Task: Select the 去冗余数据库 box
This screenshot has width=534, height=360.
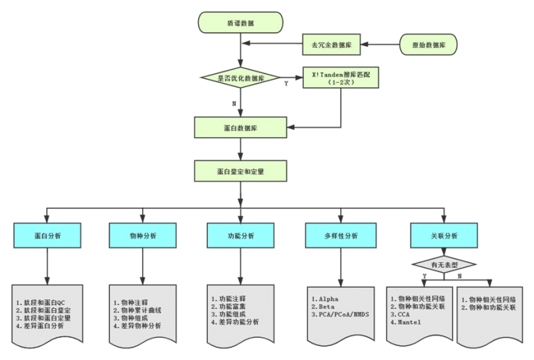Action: [332, 45]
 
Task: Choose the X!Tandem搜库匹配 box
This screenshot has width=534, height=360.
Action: [341, 78]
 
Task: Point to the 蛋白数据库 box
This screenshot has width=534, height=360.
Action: [240, 127]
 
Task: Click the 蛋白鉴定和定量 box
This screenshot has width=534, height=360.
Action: [240, 171]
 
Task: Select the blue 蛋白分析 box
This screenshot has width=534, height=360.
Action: [47, 236]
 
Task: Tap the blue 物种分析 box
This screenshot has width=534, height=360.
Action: [142, 236]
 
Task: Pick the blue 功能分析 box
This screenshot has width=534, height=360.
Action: [240, 236]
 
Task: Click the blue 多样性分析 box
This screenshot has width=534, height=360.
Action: [340, 236]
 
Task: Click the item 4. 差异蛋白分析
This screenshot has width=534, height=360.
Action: [40, 326]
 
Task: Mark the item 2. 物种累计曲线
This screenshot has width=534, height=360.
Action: [138, 310]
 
